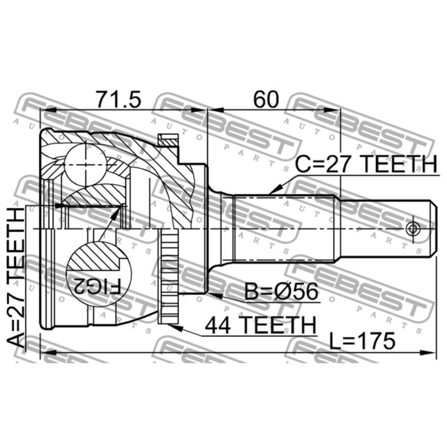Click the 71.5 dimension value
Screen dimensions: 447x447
(118, 99)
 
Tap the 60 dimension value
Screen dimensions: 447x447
(266, 99)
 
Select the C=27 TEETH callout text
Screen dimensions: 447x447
(366, 164)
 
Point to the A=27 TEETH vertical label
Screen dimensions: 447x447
(17, 277)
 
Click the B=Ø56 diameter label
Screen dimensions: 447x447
(281, 292)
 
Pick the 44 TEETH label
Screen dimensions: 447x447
(261, 325)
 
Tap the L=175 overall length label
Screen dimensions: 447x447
(362, 341)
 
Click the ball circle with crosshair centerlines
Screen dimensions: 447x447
(86, 165)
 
